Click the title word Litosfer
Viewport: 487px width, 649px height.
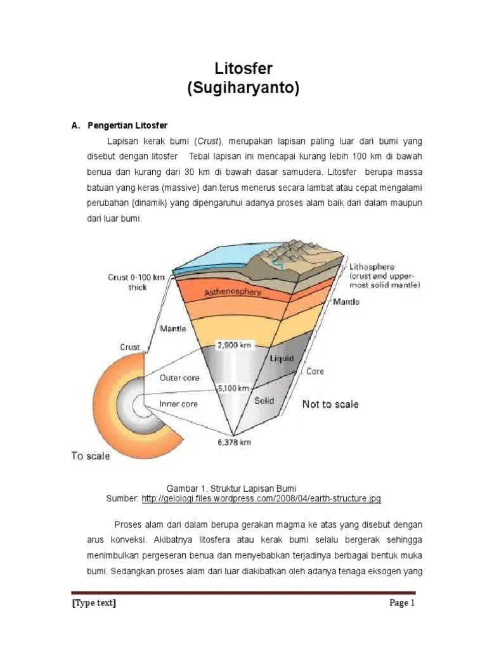(x=243, y=68)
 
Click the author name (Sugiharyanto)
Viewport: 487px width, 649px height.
(x=243, y=89)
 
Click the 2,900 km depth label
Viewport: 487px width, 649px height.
(x=235, y=345)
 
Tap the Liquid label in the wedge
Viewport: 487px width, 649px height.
(x=282, y=359)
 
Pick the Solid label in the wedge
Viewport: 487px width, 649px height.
(x=264, y=401)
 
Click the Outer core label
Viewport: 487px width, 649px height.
(x=179, y=378)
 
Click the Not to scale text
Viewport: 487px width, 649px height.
(x=330, y=404)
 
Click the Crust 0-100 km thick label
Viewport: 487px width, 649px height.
(x=136, y=282)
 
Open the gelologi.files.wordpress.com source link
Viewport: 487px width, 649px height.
(x=261, y=499)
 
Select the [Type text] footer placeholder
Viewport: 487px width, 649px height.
(x=94, y=603)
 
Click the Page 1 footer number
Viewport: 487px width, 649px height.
(x=401, y=603)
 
